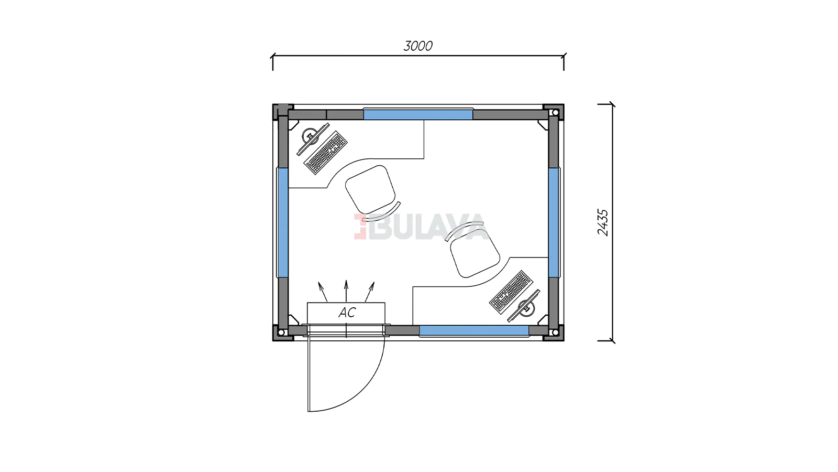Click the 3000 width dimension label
coord(418,46)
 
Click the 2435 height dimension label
coord(603,222)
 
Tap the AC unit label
coord(347,313)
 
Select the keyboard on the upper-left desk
coord(325,153)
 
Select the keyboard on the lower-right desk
coord(511,292)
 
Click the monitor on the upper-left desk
coord(312,138)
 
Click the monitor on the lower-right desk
coord(524,306)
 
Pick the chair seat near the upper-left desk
coord(370,189)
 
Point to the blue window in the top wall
coord(418,115)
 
